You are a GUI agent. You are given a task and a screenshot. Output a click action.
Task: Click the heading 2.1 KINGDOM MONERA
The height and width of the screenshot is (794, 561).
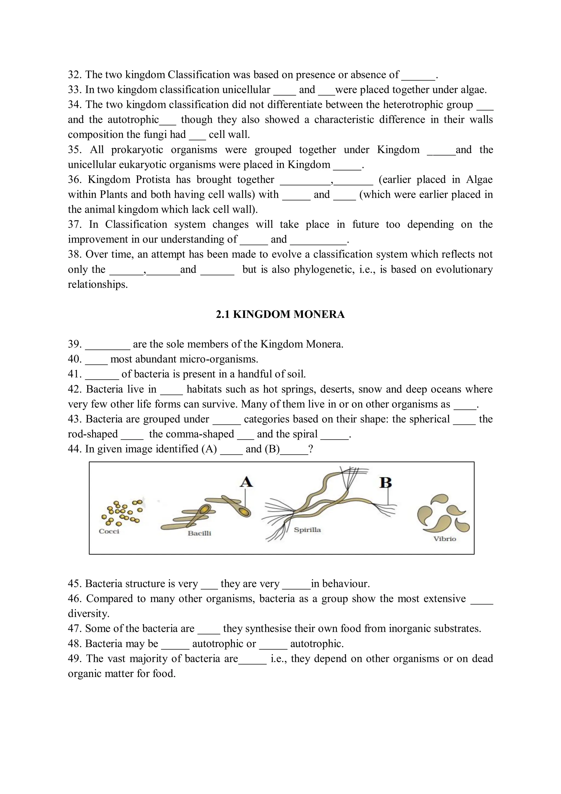[280, 314]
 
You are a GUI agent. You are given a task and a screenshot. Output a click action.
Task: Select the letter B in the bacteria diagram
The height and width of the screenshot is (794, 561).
[385, 482]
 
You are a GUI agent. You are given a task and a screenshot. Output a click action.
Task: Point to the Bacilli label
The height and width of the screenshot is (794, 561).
[199, 533]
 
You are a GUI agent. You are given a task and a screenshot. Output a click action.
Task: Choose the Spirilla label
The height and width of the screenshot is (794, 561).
[307, 530]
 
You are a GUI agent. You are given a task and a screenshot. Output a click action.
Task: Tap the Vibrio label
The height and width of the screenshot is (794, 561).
[445, 539]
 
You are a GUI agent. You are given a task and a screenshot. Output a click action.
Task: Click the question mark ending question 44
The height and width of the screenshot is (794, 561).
[310, 449]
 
